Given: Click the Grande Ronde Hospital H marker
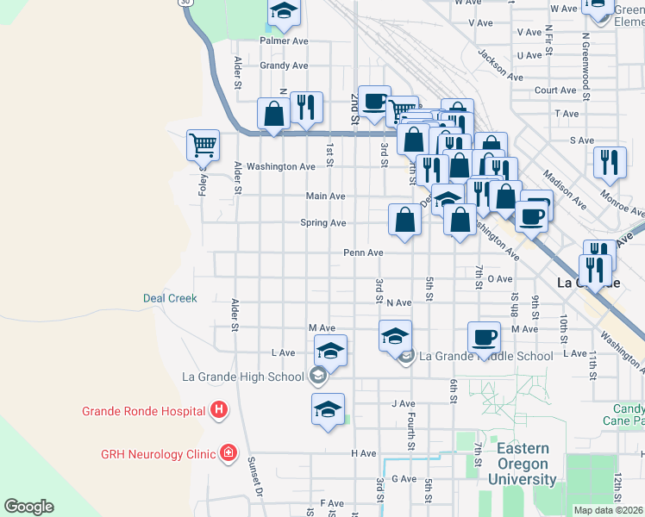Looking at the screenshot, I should coord(220,410).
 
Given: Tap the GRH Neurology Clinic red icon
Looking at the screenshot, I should coord(229,452).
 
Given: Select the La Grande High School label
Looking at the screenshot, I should coord(243,376).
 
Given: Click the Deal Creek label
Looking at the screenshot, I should coord(170,298).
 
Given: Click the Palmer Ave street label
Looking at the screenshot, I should coord(285,40).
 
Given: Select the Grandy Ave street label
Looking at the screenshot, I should coord(284,65).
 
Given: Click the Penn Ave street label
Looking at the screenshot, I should coord(363,252).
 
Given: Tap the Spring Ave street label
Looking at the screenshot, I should coord(322,223).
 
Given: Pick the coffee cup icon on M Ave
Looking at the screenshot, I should coord(484,337).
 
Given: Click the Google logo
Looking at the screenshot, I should coord(28,507).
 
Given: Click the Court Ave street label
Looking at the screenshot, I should coord(555,90).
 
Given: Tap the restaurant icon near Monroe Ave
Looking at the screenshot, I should coord(610,161).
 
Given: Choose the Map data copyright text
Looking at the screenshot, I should coord(609,510).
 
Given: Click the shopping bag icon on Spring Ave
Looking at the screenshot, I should coord(405,220).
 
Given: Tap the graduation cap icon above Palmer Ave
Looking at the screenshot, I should coord(283,13).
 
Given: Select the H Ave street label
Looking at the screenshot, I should coord(363,453).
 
